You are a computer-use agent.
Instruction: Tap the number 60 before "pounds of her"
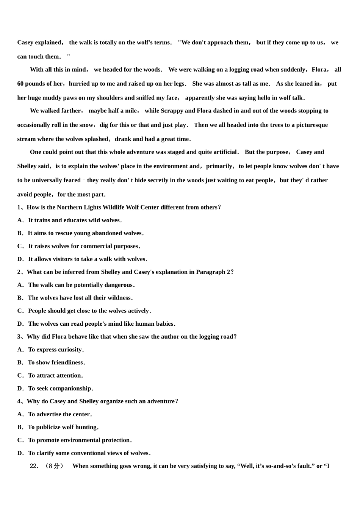[20, 84]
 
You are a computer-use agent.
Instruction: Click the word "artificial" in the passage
[224, 152]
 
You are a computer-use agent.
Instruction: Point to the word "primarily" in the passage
[219, 166]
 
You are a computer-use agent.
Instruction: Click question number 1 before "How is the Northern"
[19, 208]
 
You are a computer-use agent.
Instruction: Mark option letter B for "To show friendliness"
[20, 363]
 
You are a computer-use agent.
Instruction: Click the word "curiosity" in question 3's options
[69, 350]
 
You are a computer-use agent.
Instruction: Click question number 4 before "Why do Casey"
[19, 401]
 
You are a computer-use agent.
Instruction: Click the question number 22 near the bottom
[34, 466]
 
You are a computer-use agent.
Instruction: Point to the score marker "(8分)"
[54, 466]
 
